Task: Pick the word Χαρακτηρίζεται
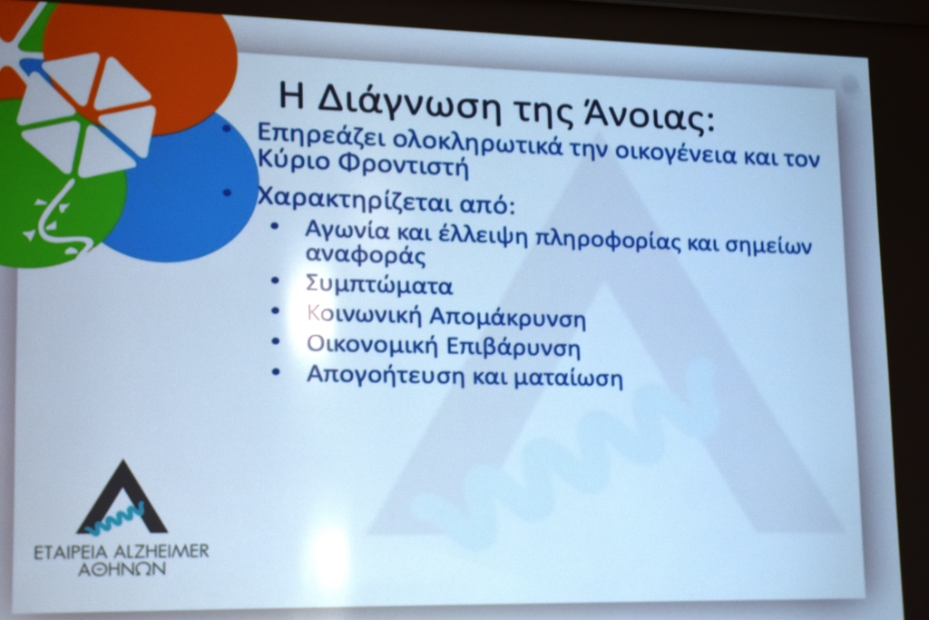click(x=356, y=200)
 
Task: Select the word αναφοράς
click(x=366, y=255)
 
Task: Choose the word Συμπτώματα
click(x=379, y=285)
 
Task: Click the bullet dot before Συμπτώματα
click(x=274, y=280)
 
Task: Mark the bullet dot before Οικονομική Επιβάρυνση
click(x=275, y=340)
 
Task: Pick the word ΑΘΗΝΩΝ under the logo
click(x=122, y=569)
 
